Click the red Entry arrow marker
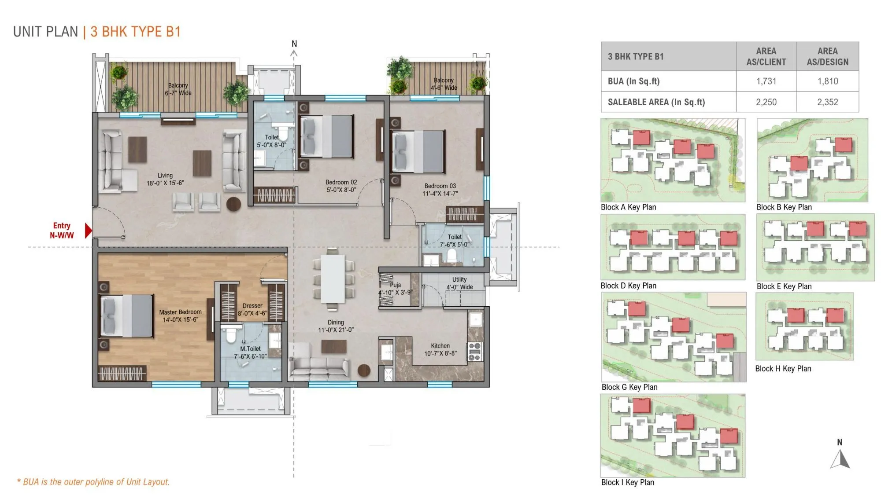point(89,231)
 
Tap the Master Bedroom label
point(180,315)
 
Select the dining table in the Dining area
point(333,279)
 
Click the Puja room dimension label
point(395,292)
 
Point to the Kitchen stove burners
point(474,352)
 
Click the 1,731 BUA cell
point(766,81)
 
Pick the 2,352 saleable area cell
point(827,102)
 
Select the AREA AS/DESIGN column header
point(827,56)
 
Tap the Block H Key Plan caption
point(783,369)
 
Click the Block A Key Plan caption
point(628,207)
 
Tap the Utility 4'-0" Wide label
point(459,283)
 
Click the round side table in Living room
point(233,204)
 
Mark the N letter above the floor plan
point(294,44)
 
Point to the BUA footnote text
point(93,482)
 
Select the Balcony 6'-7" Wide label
point(178,89)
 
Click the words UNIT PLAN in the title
point(45,32)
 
